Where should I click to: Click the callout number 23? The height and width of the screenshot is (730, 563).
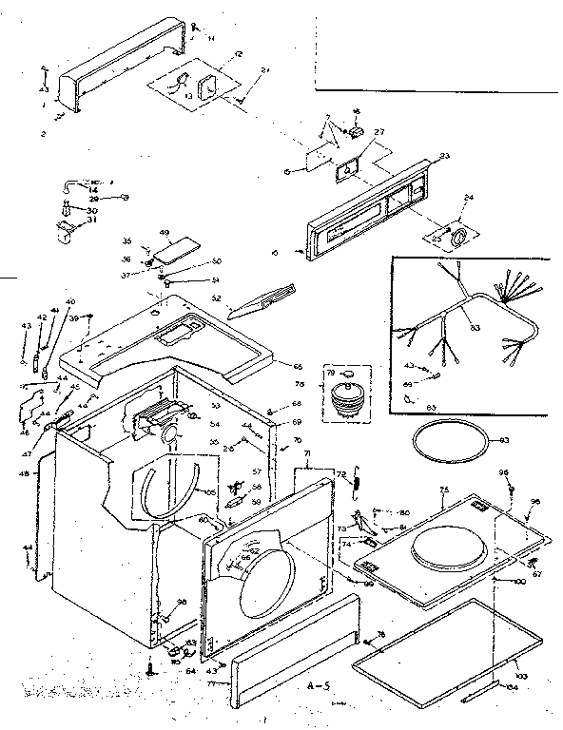click(x=444, y=155)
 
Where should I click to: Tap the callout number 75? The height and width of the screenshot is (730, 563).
click(x=443, y=490)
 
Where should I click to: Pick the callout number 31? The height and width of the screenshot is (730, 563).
click(x=93, y=221)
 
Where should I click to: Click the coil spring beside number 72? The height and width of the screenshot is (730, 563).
click(x=357, y=479)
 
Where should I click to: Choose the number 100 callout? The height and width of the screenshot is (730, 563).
click(x=519, y=581)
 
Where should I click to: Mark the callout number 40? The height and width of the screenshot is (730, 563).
click(x=69, y=302)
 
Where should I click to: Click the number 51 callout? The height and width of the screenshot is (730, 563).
click(x=215, y=279)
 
